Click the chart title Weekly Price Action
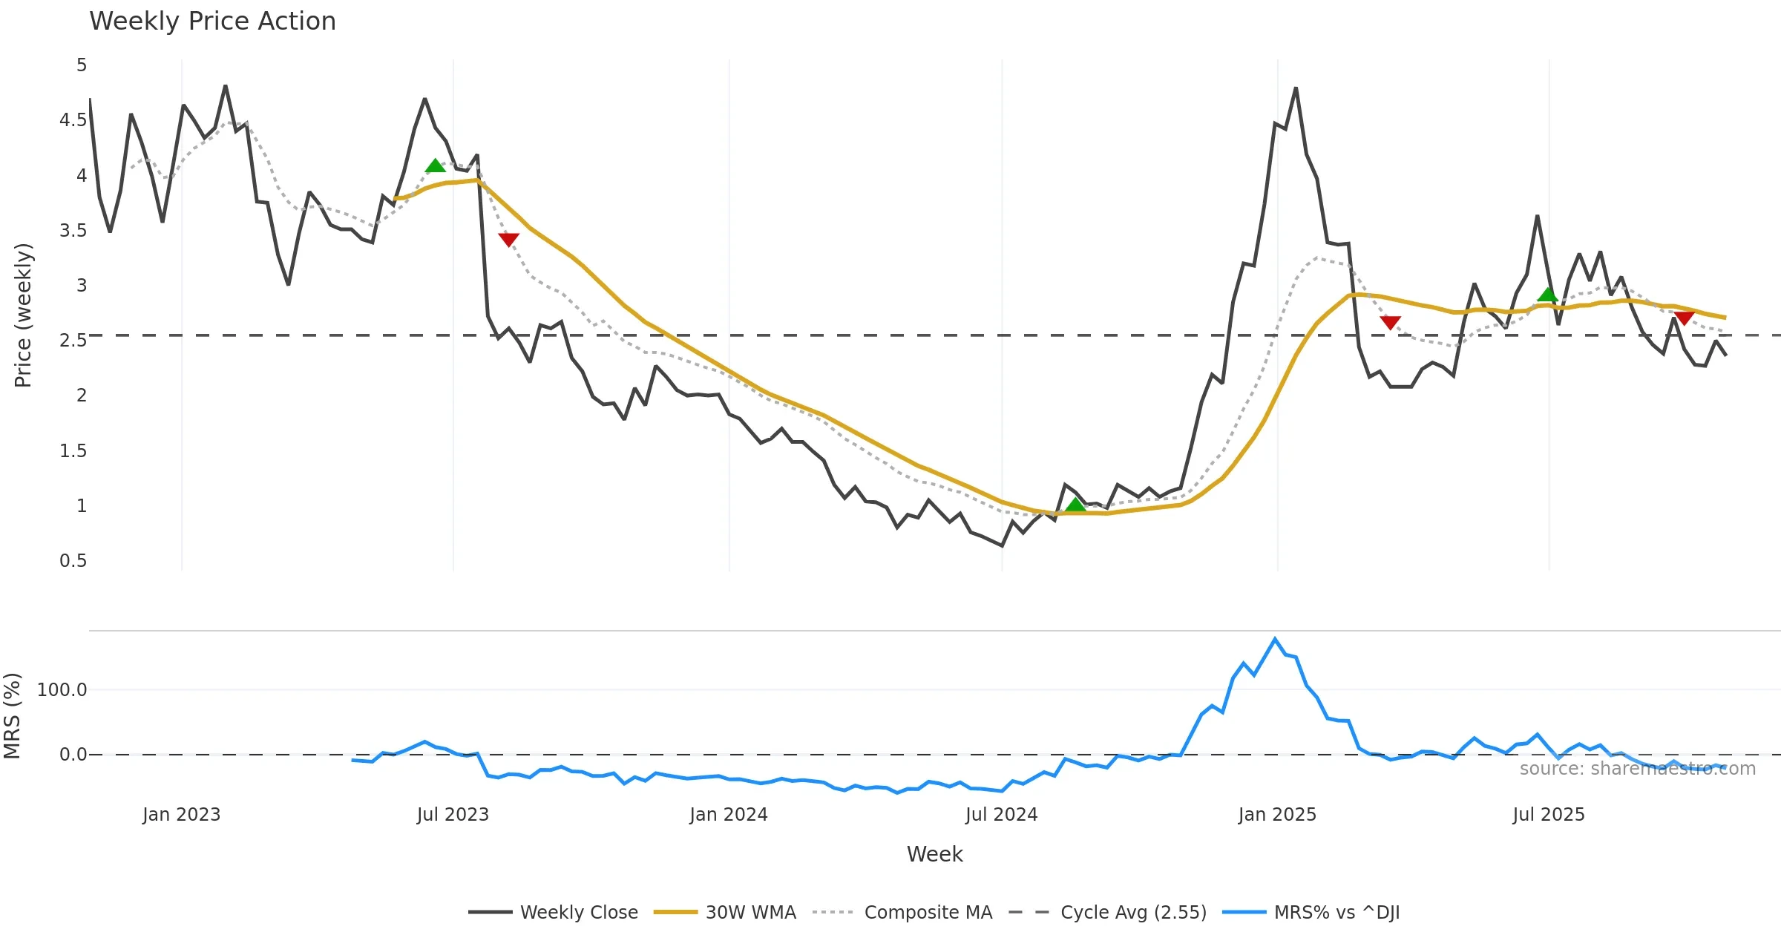212,22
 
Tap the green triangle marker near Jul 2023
436,165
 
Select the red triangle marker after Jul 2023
508,239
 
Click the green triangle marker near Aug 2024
1075,505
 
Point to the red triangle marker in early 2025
1390,322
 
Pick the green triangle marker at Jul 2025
1547,295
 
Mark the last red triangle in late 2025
1685,318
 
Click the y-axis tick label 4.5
73,120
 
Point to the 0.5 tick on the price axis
73,561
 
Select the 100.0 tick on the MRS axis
62,690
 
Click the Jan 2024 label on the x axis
728,815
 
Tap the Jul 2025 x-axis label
1549,815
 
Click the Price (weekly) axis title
23,315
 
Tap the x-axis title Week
934,854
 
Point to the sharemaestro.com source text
1637,769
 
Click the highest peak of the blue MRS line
1275,639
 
